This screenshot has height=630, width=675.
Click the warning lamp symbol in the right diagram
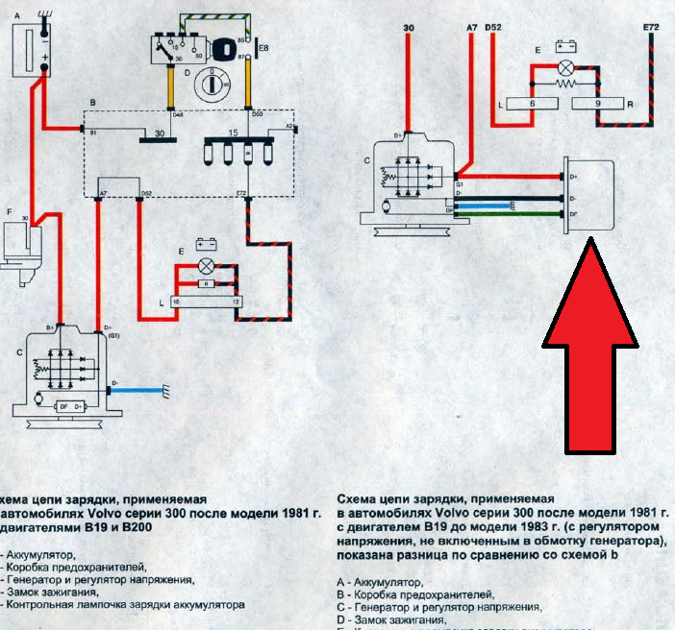pyautogui.click(x=566, y=67)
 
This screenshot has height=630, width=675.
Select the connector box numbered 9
pyautogui.click(x=597, y=104)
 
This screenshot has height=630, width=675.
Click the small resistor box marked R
pyautogui.click(x=205, y=284)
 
